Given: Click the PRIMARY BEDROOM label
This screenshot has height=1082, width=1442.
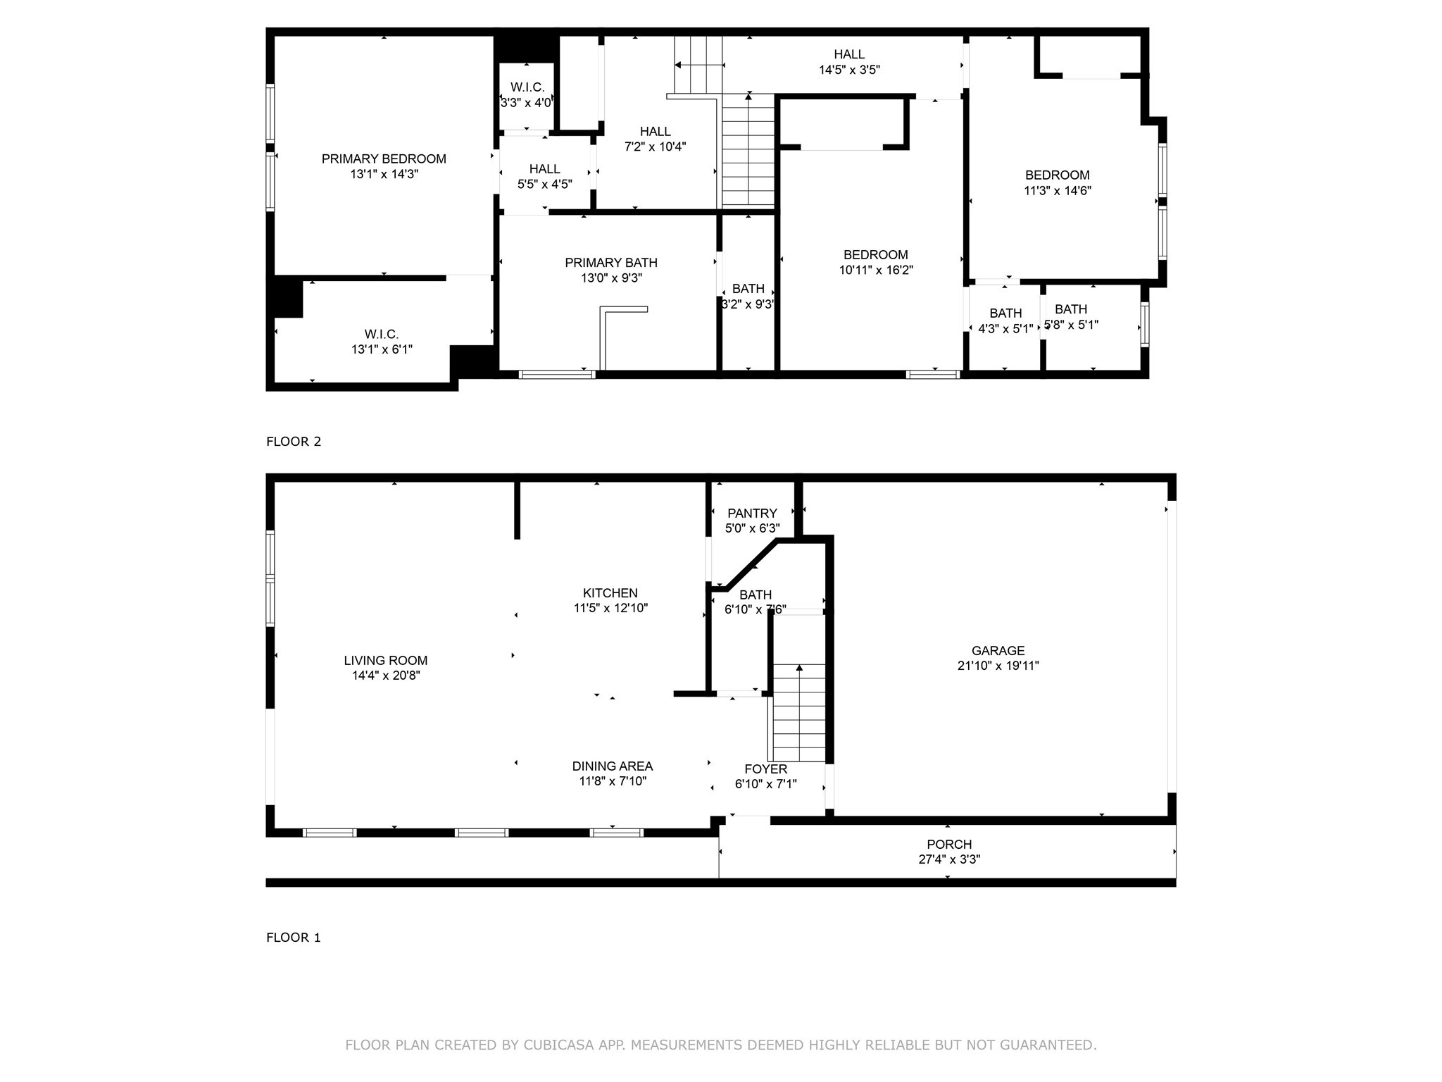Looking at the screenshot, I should pos(384,159).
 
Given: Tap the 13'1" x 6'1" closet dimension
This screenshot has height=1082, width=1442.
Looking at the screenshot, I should pos(382,349).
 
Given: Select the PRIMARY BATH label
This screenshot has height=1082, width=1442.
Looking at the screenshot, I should pos(611,263).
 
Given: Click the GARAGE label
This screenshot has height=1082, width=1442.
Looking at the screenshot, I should pos(998,651).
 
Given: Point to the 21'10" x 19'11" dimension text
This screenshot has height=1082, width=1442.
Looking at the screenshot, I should pos(998,666).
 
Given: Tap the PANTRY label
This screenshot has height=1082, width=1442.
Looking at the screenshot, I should pos(752,514).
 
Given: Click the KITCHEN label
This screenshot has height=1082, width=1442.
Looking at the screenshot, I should pos(610,593).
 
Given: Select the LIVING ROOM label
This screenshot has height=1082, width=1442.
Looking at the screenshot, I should pos(385,661).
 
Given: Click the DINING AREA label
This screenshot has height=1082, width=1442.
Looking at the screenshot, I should pos(612,766).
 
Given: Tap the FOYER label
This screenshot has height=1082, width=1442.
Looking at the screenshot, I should pos(765,769).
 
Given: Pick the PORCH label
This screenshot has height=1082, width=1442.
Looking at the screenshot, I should pos(948,844).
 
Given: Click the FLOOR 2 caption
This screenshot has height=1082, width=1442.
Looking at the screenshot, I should pos(294,442).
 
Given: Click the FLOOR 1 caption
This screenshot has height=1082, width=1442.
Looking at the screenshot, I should pos(294,938).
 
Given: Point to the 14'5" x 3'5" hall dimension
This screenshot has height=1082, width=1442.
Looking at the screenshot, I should pos(849,70).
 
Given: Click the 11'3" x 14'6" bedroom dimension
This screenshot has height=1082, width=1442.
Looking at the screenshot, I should pos(1057,190).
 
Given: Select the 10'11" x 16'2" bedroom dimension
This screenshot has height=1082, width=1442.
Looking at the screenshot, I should pos(876,270).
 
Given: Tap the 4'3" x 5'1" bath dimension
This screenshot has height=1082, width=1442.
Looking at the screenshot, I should pos(1005,329).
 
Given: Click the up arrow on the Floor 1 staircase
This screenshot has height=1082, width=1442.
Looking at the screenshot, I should pos(798,668).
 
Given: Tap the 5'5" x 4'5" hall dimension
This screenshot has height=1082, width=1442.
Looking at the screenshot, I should pos(544,185).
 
